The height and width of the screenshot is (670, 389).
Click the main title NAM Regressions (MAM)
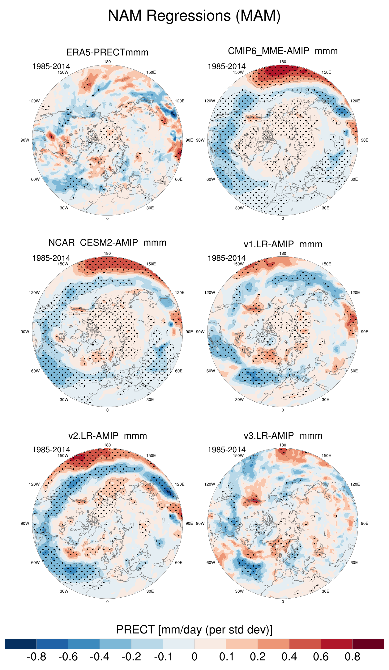pyautogui.click(x=194, y=16)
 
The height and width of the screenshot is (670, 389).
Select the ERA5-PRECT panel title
pyautogui.click(x=107, y=52)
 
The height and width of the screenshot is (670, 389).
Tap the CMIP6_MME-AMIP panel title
pyautogui.click(x=283, y=51)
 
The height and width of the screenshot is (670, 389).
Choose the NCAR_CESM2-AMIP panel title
pyautogui.click(x=107, y=243)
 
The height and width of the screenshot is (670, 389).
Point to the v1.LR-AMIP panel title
pyautogui.click(x=283, y=244)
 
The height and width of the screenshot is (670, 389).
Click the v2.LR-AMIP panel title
pyautogui.click(x=107, y=436)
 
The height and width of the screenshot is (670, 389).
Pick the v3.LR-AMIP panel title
pyautogui.click(x=283, y=436)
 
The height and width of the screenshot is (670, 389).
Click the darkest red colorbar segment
pyautogui.click(x=368, y=644)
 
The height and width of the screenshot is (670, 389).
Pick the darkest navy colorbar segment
pyautogui.click(x=21, y=644)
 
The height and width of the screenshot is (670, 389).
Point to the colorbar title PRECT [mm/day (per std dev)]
pyautogui.click(x=194, y=630)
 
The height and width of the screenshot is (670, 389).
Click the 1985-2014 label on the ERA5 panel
pyautogui.click(x=51, y=66)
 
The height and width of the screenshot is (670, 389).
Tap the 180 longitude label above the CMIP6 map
pyautogui.click(x=283, y=62)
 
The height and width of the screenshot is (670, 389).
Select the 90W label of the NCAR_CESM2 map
pyautogui.click(x=25, y=332)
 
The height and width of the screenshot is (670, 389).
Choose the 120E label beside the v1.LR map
pyautogui.click(x=355, y=292)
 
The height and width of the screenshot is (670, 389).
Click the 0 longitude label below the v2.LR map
pyautogui.click(x=107, y=602)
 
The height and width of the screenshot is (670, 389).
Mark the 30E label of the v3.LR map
pyautogui.click(x=325, y=591)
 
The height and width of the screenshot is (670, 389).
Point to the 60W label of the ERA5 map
pyautogui.click(x=35, y=179)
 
